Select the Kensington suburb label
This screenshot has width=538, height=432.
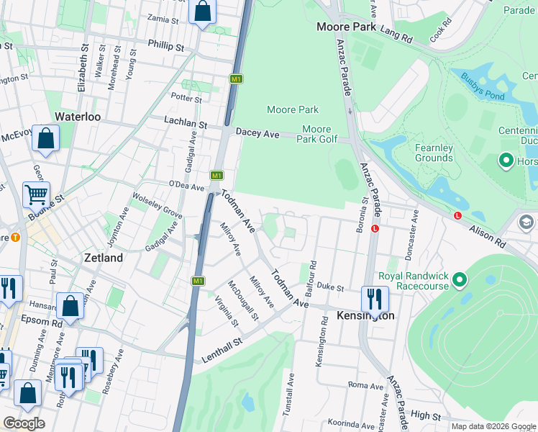365,315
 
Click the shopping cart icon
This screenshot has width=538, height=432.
36,194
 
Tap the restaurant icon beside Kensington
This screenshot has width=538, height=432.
375,298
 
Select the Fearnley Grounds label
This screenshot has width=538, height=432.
434,153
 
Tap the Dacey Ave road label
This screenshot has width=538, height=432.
257,134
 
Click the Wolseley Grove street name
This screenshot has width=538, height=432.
155,204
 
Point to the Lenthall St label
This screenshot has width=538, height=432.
225,350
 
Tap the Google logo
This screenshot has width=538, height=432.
24,423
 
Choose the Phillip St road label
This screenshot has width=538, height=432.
165,45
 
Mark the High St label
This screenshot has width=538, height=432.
427,415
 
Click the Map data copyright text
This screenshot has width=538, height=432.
493,426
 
